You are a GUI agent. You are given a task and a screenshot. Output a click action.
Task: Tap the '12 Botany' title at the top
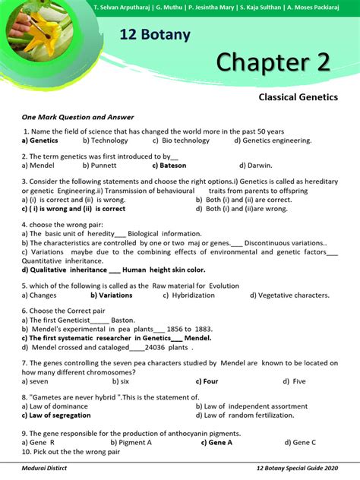pyautogui.click(x=155, y=35)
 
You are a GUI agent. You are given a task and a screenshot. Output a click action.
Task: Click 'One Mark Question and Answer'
pyautogui.click(x=78, y=117)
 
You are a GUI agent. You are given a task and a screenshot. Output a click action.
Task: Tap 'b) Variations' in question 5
pyautogui.click(x=111, y=295)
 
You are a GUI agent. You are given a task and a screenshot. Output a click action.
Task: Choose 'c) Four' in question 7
pyautogui.click(x=207, y=381)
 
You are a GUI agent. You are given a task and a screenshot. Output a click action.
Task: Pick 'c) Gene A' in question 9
pyautogui.click(x=216, y=442)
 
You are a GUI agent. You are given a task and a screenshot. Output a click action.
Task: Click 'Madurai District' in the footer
pyautogui.click(x=44, y=470)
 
